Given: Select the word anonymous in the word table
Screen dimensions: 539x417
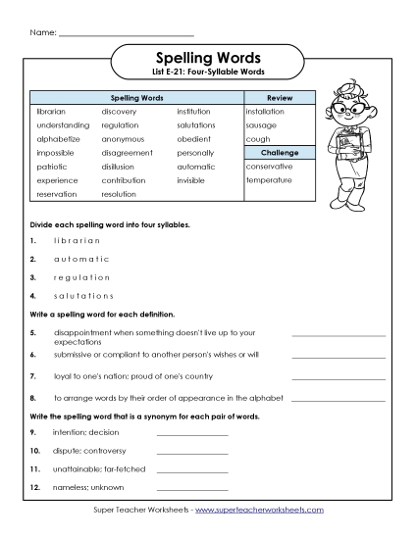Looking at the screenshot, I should pos(123,139).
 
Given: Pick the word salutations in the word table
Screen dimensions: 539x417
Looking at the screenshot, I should pos(196,125).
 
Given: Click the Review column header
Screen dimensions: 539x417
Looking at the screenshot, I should pos(280,98).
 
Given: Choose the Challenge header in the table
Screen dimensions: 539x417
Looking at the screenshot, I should pos(280,153).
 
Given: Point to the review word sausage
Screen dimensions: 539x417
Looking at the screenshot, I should pos(262,125).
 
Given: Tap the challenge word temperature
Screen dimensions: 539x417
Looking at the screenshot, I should pos(270,180).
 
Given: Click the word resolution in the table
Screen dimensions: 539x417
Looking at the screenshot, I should pos(119,194).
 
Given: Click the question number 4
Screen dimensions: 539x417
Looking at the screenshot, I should pos(33,295).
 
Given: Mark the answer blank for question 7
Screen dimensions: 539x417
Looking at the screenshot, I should pos(339,377).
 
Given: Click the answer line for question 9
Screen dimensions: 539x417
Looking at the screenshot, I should pos(191,432).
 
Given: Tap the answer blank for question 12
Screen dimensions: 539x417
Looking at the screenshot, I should pos(191,487).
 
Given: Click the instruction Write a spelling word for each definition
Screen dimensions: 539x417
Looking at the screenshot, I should pos(102,315).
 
